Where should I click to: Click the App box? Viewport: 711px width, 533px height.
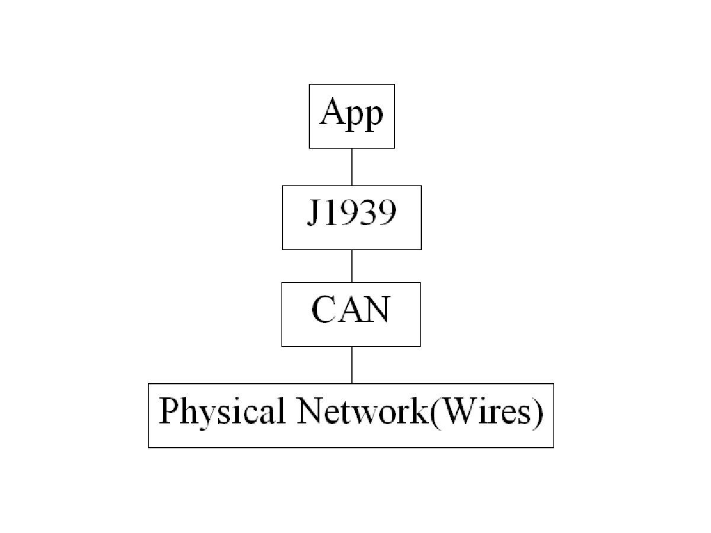[352, 116]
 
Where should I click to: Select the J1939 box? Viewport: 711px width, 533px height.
[352, 217]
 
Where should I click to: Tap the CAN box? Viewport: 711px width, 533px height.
[351, 314]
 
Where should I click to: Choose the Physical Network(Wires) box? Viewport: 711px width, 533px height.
[351, 416]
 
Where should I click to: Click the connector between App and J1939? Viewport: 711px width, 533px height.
[352, 167]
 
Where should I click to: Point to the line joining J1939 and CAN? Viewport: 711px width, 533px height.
[352, 266]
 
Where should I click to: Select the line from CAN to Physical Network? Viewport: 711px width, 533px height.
[352, 365]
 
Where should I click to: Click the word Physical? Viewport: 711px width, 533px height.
[222, 413]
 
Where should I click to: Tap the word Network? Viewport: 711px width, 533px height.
[363, 410]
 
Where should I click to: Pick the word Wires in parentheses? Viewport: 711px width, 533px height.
[485, 410]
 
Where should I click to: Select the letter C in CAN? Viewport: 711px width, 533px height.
[324, 309]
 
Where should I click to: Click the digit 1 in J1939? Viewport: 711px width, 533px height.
[331, 212]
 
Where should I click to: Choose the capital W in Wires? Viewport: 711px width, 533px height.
[457, 411]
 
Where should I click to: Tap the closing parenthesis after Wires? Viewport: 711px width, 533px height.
[537, 413]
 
